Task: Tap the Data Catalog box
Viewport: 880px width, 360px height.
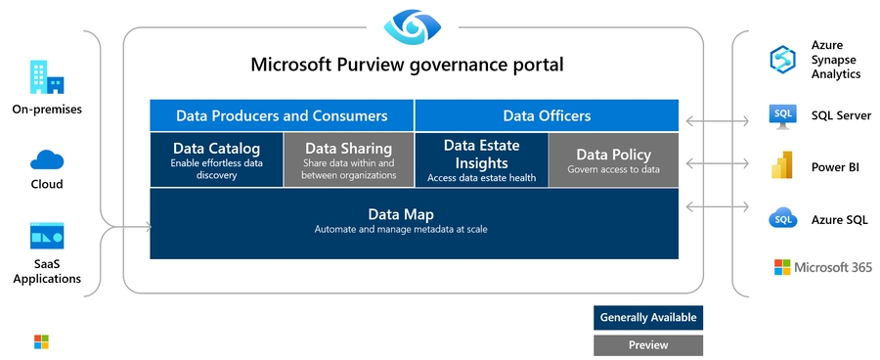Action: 216,158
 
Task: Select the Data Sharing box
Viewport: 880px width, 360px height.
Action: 349,158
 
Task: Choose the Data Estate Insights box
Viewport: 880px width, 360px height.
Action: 481,158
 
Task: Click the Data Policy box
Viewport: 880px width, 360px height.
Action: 613,159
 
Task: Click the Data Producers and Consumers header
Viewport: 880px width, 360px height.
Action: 282,115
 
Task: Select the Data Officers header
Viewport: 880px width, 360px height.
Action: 547,115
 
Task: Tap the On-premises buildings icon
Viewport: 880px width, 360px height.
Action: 46,77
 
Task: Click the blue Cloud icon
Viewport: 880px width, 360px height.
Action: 46,159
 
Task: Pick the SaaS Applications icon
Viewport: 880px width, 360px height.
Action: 46,235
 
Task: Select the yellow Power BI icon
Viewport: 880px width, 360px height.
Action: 782,166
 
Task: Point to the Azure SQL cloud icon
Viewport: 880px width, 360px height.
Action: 783,218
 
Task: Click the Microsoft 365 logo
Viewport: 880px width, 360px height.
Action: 782,267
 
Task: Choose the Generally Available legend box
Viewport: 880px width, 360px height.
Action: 647,318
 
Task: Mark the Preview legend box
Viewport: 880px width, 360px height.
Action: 647,344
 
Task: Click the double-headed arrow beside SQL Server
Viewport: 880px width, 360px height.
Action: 717,121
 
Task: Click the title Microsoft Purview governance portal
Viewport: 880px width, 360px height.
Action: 407,66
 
